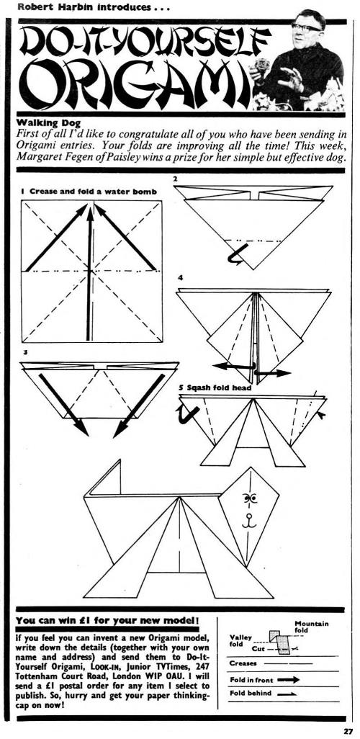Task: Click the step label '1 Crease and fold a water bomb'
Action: click(x=89, y=192)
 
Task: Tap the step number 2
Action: click(x=175, y=179)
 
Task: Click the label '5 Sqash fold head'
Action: click(x=215, y=388)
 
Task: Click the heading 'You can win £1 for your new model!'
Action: click(x=108, y=621)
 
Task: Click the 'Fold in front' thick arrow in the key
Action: click(x=289, y=680)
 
